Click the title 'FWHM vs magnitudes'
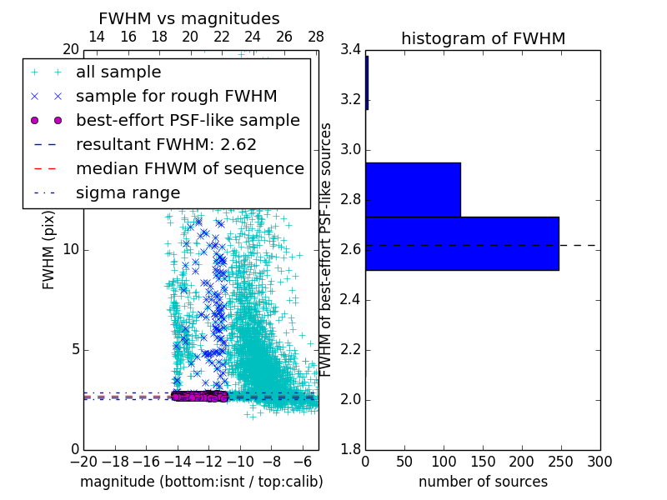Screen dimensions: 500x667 189,18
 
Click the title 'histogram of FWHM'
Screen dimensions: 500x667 483,38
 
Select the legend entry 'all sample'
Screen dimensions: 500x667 118,72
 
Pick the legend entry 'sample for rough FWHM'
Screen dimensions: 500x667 176,96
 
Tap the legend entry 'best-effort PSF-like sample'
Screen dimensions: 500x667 188,120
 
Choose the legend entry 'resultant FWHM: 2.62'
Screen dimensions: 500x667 166,144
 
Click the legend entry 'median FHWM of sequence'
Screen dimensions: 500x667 189,168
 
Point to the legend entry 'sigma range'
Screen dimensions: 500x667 128,192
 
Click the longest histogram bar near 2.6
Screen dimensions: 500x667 462,243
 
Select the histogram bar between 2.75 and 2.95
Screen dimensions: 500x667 413,189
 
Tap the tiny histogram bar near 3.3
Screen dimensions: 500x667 367,82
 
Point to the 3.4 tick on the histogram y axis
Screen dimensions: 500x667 350,50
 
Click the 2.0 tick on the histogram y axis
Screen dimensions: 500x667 350,400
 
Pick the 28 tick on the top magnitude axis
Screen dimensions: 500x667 316,37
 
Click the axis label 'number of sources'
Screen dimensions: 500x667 483,482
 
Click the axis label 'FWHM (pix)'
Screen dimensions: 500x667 49,250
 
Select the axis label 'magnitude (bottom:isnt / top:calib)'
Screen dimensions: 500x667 201,482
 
